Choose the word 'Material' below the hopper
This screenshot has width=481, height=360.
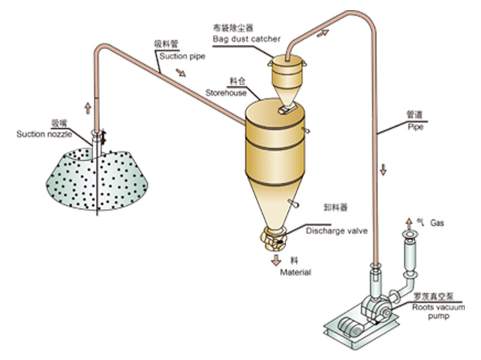click(x=295, y=272)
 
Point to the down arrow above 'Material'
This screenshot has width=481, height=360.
click(x=277, y=260)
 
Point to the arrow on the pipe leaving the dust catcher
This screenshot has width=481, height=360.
click(x=323, y=33)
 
